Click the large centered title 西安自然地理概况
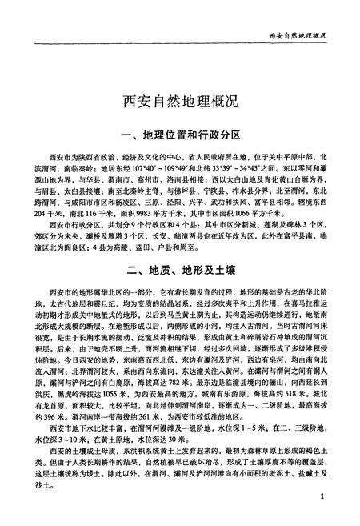click(179, 102)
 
